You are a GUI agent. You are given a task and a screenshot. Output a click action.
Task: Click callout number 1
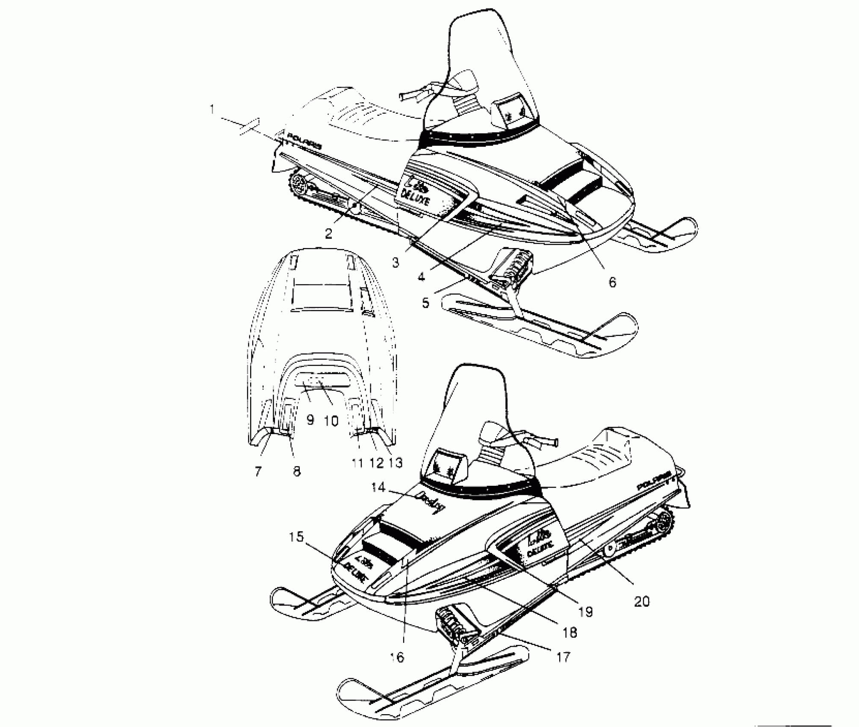(x=212, y=110)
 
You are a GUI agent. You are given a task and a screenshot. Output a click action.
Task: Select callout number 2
(x=328, y=233)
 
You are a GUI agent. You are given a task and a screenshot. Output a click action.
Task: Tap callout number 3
(x=395, y=262)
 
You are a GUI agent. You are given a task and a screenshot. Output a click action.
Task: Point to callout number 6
(x=612, y=282)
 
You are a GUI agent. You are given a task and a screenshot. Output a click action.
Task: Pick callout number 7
(x=258, y=471)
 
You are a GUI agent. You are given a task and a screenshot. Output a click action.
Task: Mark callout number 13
(x=396, y=462)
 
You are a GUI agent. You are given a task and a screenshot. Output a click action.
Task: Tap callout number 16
(x=397, y=657)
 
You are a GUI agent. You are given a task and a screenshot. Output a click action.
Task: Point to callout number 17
(x=564, y=656)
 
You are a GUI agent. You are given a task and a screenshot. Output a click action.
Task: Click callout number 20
(x=642, y=601)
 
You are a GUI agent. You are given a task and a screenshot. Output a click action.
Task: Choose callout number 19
(x=585, y=612)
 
